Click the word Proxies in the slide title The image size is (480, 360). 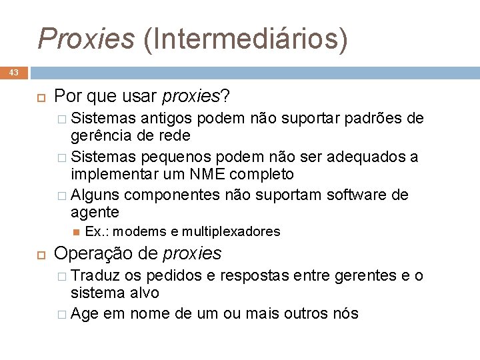pos(87,39)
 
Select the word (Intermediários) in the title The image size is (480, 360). pos(245,39)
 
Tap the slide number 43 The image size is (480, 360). pos(14,72)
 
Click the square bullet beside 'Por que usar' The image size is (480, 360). pos(39,98)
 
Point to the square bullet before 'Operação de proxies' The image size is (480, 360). pos(39,254)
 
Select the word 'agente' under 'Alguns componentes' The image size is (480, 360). pos(95,212)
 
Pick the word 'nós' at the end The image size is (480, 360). pos(345,313)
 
